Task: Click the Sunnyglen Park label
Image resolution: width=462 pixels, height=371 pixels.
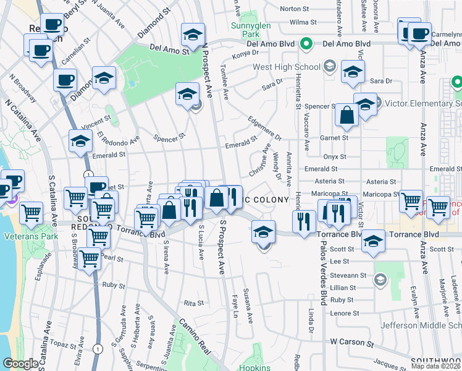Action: [x=246, y=31]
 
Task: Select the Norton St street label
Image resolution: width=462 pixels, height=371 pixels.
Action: [x=294, y=9]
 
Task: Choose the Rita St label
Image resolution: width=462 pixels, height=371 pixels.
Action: [x=193, y=303]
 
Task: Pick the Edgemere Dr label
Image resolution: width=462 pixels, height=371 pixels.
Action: [x=264, y=128]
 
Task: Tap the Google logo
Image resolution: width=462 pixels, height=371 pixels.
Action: [x=20, y=364]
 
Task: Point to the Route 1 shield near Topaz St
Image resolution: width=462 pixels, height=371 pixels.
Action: [x=98, y=349]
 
